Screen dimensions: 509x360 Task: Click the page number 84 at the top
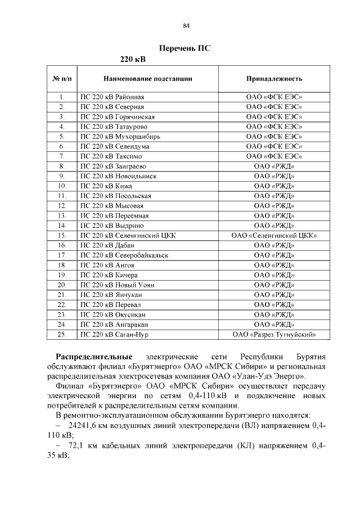pyautogui.click(x=186, y=25)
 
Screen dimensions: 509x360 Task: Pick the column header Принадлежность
pyautogui.click(x=274, y=79)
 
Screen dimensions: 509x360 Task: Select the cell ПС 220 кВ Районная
pyautogui.click(x=113, y=97)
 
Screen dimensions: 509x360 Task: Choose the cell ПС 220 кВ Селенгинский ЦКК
pyautogui.click(x=129, y=236)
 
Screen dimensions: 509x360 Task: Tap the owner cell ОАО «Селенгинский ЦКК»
pyautogui.click(x=274, y=236)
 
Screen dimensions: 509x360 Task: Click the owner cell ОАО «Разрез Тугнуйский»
pyautogui.click(x=274, y=335)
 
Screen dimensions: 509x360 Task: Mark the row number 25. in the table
pyautogui.click(x=62, y=335)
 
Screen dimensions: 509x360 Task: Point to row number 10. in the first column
pyautogui.click(x=62, y=186)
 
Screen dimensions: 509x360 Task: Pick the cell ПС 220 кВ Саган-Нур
pyautogui.click(x=115, y=335)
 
